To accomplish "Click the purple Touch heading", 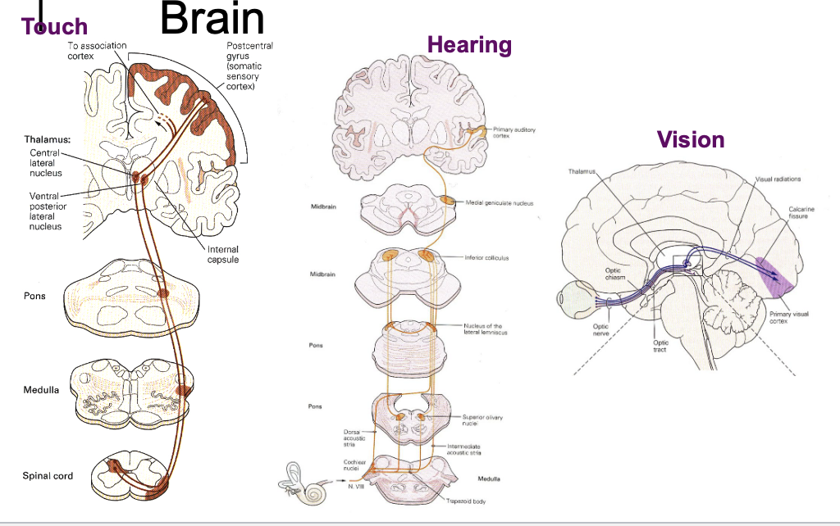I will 55,27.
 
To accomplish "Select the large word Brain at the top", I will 212,19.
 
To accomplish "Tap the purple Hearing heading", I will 469,45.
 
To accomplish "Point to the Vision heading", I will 691,139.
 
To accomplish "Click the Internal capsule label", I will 223,255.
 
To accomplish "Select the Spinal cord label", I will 48,476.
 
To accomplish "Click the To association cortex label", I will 97,51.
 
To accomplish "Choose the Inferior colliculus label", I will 486,257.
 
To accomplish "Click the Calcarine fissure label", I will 801,213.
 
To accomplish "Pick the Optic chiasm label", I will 615,273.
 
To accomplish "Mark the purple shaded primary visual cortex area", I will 775,279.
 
